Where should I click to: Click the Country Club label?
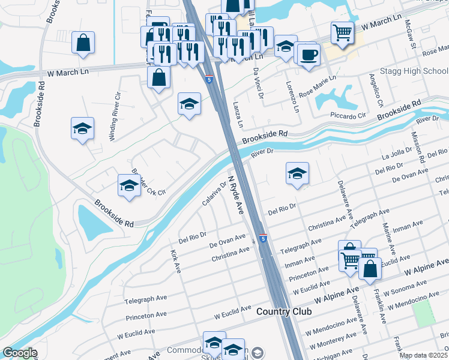point(284,311)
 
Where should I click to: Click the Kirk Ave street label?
point(175,262)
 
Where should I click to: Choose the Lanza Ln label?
point(238,115)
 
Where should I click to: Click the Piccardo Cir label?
point(348,115)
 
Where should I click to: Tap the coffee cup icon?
point(309,55)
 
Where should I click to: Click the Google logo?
point(20,353)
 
